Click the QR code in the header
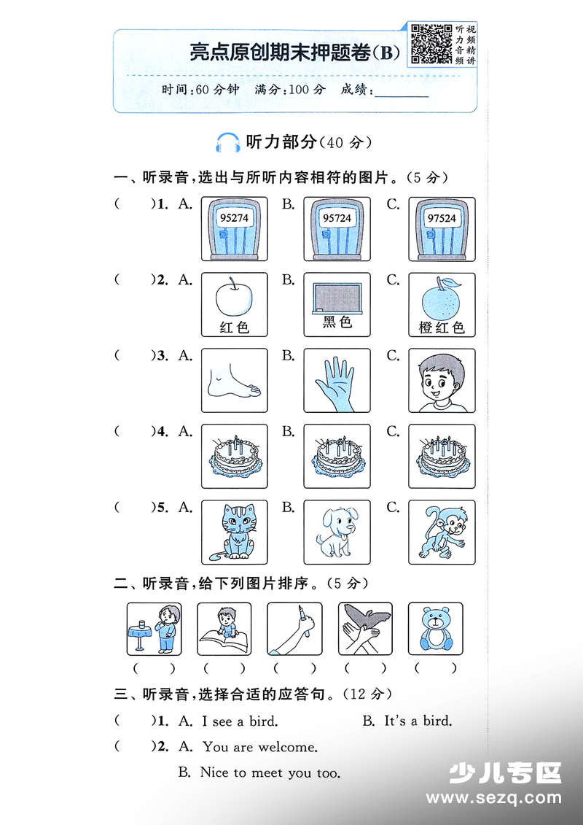[431, 44]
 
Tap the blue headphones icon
[227, 142]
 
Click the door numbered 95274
[235, 229]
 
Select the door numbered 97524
[442, 229]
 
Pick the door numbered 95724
[337, 229]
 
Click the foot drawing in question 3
[233, 381]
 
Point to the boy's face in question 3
[441, 381]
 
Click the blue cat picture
[235, 532]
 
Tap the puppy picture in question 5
[337, 532]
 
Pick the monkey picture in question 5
[442, 532]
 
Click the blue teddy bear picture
[436, 629]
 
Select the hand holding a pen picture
[294, 630]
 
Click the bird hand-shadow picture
[365, 629]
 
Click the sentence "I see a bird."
[240, 721]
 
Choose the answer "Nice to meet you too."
[270, 773]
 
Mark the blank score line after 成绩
[401, 96]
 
